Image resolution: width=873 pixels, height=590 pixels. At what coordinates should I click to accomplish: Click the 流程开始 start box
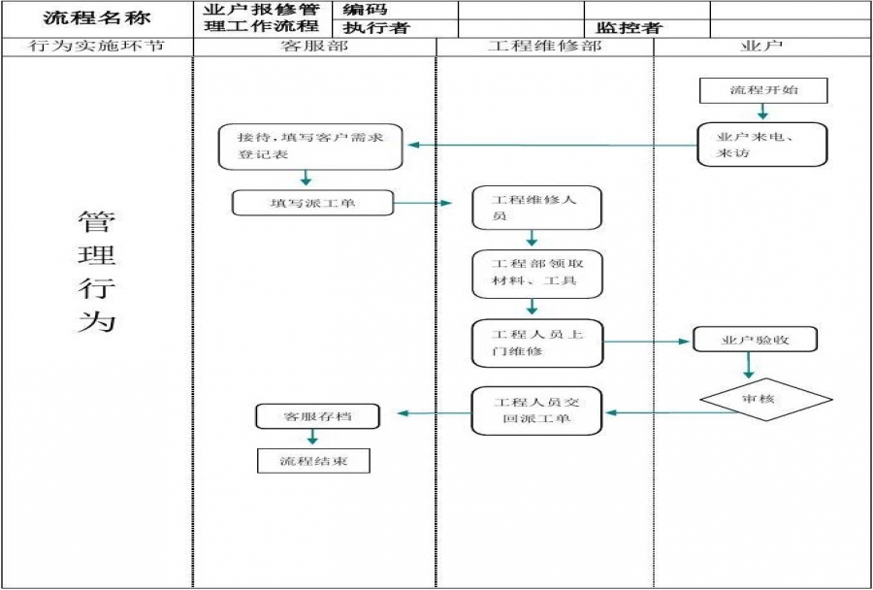pos(764,90)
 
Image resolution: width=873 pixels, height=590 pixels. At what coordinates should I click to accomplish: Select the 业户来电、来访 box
pos(762,145)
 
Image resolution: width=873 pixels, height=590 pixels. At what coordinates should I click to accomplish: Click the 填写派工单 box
pos(312,203)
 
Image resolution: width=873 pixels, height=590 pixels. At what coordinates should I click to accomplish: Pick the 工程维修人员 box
pos(536,208)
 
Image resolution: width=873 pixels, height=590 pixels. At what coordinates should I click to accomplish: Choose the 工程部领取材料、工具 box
pos(536,273)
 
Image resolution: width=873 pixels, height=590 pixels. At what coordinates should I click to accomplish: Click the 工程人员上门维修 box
pos(536,343)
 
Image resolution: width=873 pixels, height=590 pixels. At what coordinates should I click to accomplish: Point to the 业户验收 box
pos(756,340)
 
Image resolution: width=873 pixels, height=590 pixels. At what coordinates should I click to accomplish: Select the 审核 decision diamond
pos(766,399)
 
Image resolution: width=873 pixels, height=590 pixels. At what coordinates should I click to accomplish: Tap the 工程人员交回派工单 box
pos(536,410)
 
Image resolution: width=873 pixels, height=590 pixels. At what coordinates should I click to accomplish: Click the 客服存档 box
pos(317,416)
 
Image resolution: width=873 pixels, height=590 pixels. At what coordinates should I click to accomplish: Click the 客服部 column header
pos(314,47)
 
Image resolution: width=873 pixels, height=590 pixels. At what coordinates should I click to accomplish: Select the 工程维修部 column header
pos(544,47)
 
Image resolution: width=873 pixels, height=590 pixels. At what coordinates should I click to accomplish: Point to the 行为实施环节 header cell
pos(97,47)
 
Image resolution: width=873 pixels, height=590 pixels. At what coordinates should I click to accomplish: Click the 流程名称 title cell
pos(97,18)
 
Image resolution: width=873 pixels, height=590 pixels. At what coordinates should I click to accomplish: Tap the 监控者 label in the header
pos(630,28)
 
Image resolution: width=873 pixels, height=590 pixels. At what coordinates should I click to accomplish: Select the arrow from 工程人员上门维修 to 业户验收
pos(647,342)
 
